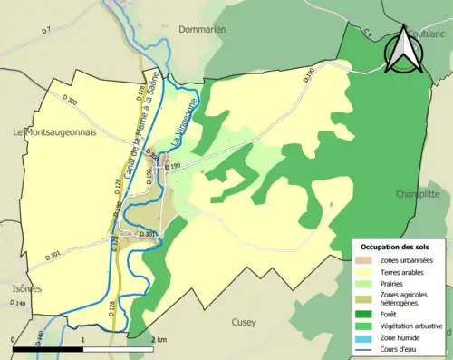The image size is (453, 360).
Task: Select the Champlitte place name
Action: (x=423, y=194)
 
